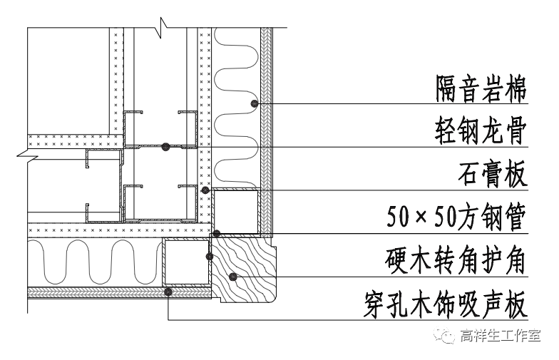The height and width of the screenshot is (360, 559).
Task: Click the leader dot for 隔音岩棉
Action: pos(254,104)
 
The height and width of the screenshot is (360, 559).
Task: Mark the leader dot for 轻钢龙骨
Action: pos(165,147)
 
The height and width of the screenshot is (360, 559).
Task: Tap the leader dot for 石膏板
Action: pos(205,190)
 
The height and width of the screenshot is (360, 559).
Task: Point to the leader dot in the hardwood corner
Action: pos(232,276)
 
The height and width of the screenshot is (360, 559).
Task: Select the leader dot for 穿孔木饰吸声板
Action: pos(168,291)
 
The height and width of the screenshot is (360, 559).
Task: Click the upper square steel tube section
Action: pos(236,212)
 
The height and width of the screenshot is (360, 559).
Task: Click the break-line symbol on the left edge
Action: pos(27,151)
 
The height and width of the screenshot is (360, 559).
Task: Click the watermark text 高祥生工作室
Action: pos(501,336)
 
